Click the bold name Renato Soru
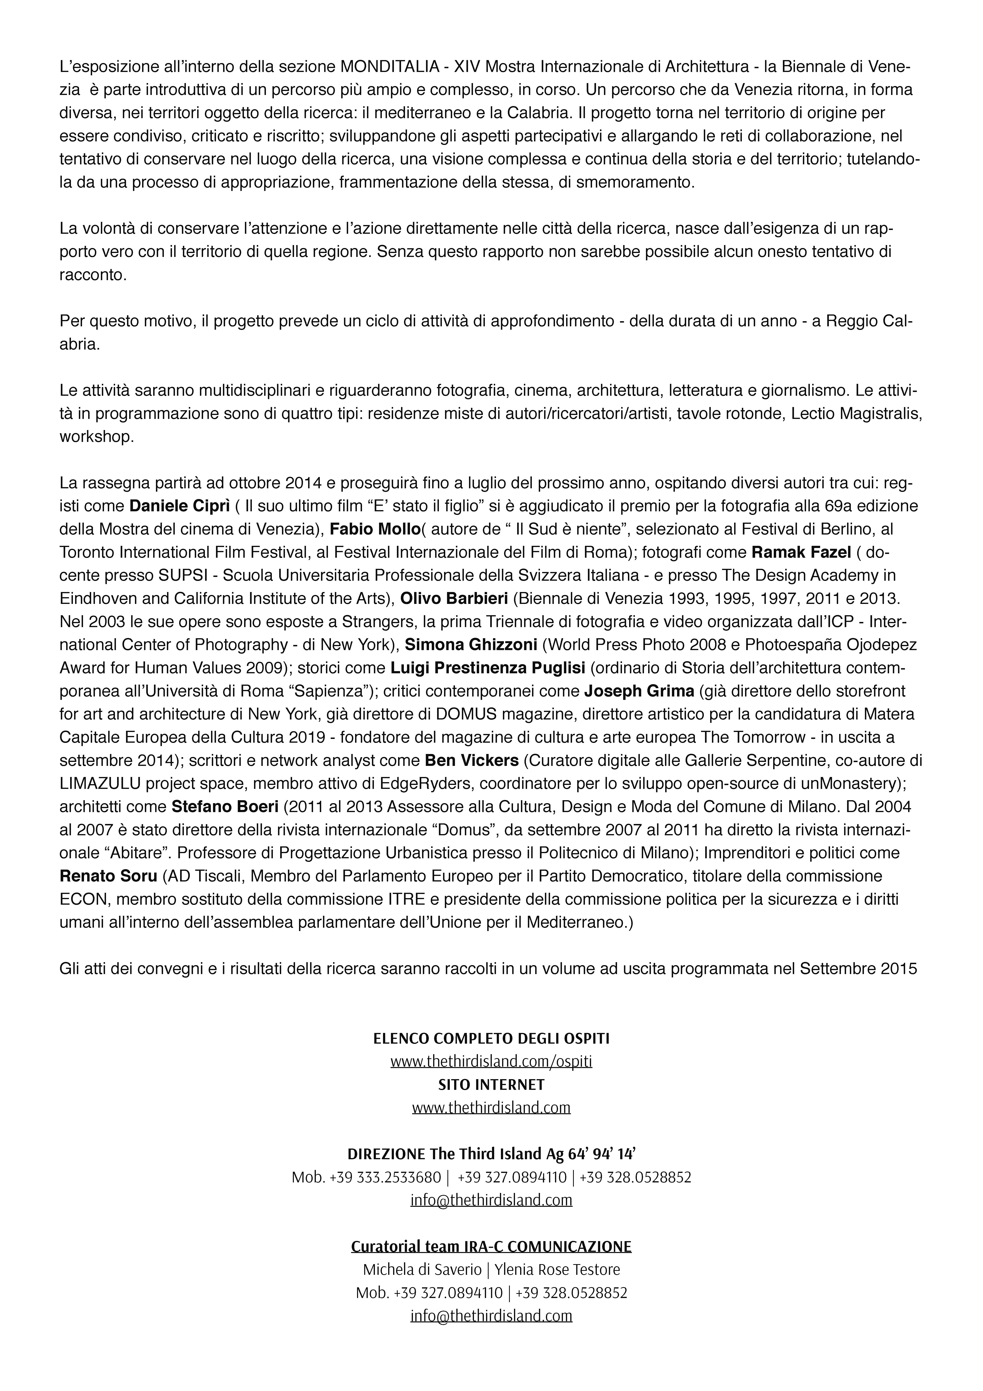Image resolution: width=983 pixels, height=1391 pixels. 108,876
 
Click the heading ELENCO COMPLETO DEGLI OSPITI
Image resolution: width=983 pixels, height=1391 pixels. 491,1039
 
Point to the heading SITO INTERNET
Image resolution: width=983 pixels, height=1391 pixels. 491,1084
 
